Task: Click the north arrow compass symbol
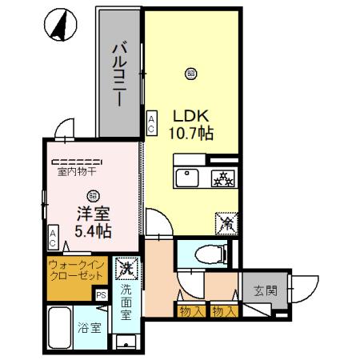[58, 26]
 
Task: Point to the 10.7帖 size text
[190, 133]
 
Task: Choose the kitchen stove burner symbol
[221, 178]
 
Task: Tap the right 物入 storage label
[223, 310]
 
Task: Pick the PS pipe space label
[102, 294]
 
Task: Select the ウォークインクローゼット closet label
[76, 270]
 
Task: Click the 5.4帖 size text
[93, 232]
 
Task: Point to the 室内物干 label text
[76, 170]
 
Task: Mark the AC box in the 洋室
[53, 237]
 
